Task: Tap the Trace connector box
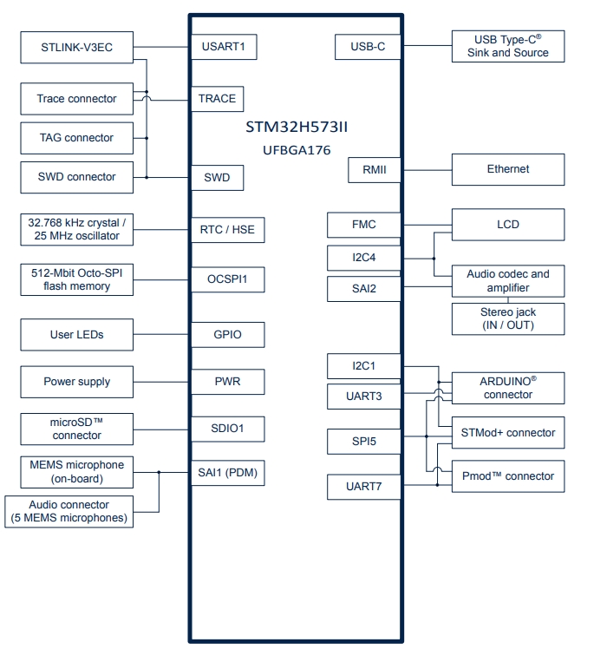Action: pos(77,99)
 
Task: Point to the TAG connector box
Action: pos(77,137)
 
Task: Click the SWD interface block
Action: pos(217,177)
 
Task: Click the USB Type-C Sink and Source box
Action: pos(508,46)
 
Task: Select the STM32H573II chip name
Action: pos(297,128)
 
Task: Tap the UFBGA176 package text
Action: pos(297,150)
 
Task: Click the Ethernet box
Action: pos(508,169)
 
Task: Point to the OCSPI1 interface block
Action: pos(227,279)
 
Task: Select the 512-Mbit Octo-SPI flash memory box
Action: pos(77,279)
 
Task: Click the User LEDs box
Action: pos(77,333)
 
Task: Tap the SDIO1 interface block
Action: pos(227,429)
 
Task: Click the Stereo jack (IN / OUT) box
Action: pos(508,318)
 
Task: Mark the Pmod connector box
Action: pos(508,476)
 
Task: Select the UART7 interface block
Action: pos(364,488)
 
